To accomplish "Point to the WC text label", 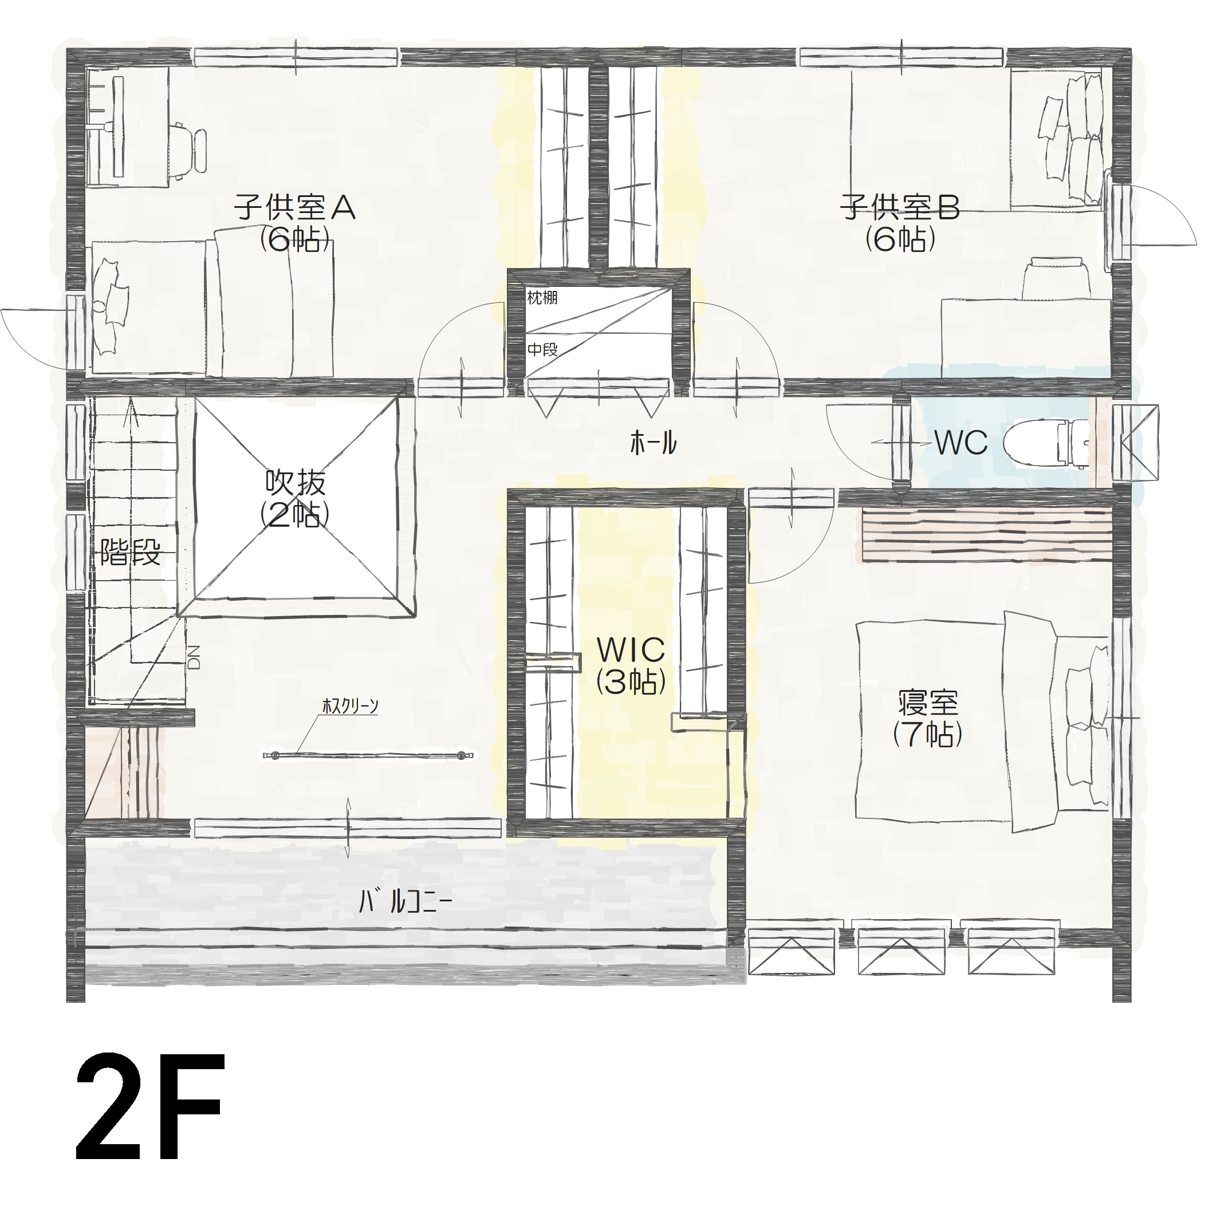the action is click(961, 443).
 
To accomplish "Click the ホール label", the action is click(653, 443).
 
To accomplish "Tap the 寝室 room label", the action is click(928, 719).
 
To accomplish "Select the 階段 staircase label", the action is click(131, 554).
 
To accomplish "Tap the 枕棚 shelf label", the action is click(542, 298).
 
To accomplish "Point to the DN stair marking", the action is click(194, 657).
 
